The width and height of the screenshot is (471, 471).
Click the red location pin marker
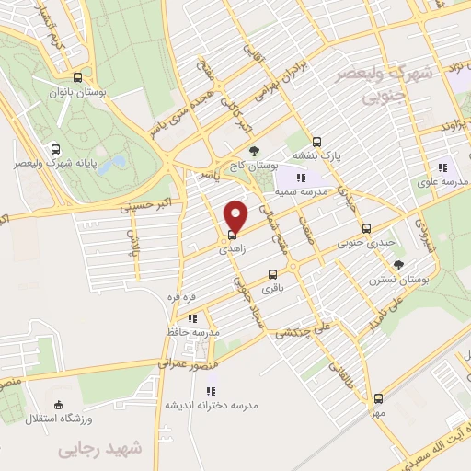(235, 215)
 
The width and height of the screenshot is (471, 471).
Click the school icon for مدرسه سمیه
(299, 177)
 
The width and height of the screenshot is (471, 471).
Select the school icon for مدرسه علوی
(442, 167)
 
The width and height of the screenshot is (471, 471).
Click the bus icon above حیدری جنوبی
(367, 228)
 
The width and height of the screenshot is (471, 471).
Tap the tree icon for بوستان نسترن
(398, 265)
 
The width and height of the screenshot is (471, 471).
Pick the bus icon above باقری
(272, 274)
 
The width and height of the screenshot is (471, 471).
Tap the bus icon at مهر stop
(378, 398)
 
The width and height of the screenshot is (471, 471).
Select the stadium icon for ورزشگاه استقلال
(59, 404)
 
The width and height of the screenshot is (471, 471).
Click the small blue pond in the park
(113, 164)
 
